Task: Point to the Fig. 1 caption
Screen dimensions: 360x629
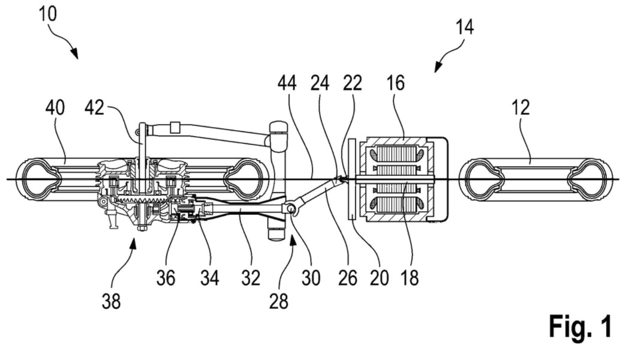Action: [x=580, y=327]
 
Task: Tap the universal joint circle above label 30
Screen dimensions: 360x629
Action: [x=291, y=208]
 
